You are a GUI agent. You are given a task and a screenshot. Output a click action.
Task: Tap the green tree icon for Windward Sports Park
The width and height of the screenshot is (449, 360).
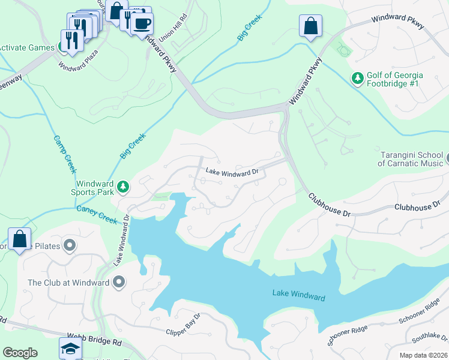tap(123, 187)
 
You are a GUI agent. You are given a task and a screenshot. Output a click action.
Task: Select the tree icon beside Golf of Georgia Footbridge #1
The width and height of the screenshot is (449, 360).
tap(357, 79)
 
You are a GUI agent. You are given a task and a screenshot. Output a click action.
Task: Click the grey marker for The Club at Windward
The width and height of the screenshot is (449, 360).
tap(119, 282)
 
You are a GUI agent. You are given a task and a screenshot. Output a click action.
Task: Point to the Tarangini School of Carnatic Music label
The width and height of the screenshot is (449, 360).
tap(411, 159)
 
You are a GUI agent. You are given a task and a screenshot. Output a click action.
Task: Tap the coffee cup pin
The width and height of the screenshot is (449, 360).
tap(142, 25)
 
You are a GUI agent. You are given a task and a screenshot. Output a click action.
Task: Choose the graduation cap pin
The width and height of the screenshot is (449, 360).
tap(70, 348)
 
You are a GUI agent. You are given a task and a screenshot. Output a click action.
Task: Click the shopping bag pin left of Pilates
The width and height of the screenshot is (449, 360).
tap(19, 239)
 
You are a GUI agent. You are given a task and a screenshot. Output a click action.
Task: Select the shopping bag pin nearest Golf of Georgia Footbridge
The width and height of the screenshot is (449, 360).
tap(310, 26)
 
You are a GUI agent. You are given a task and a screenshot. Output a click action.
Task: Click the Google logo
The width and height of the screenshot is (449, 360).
tap(20, 353)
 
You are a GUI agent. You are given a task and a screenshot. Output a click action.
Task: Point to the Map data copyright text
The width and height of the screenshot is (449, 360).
tap(424, 355)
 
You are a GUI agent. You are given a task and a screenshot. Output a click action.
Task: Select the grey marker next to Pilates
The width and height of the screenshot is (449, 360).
tap(70, 245)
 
